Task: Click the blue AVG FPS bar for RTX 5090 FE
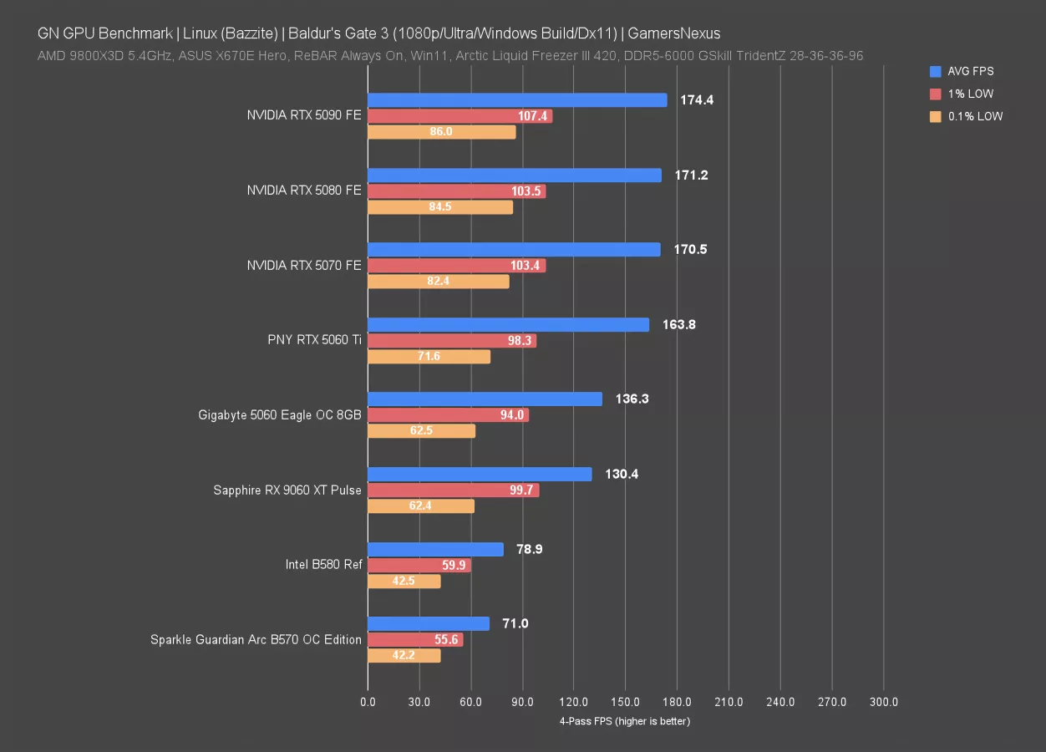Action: [517, 100]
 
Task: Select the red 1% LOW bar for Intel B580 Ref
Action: [419, 566]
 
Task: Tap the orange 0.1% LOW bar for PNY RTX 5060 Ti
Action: [429, 357]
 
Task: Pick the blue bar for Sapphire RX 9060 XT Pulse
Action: [480, 475]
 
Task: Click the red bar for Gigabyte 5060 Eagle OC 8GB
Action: [448, 415]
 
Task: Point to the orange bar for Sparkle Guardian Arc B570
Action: [404, 656]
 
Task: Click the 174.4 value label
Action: [698, 100]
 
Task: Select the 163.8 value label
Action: [679, 325]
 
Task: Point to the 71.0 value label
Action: [514, 624]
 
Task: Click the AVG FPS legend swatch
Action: [935, 72]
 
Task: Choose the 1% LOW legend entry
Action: [970, 94]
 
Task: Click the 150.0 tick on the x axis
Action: [626, 703]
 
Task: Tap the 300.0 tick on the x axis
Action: [884, 703]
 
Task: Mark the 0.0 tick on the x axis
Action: [368, 703]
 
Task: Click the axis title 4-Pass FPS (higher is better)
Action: [625, 721]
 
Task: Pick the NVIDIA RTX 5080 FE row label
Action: [304, 191]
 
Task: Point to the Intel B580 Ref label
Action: [323, 565]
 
